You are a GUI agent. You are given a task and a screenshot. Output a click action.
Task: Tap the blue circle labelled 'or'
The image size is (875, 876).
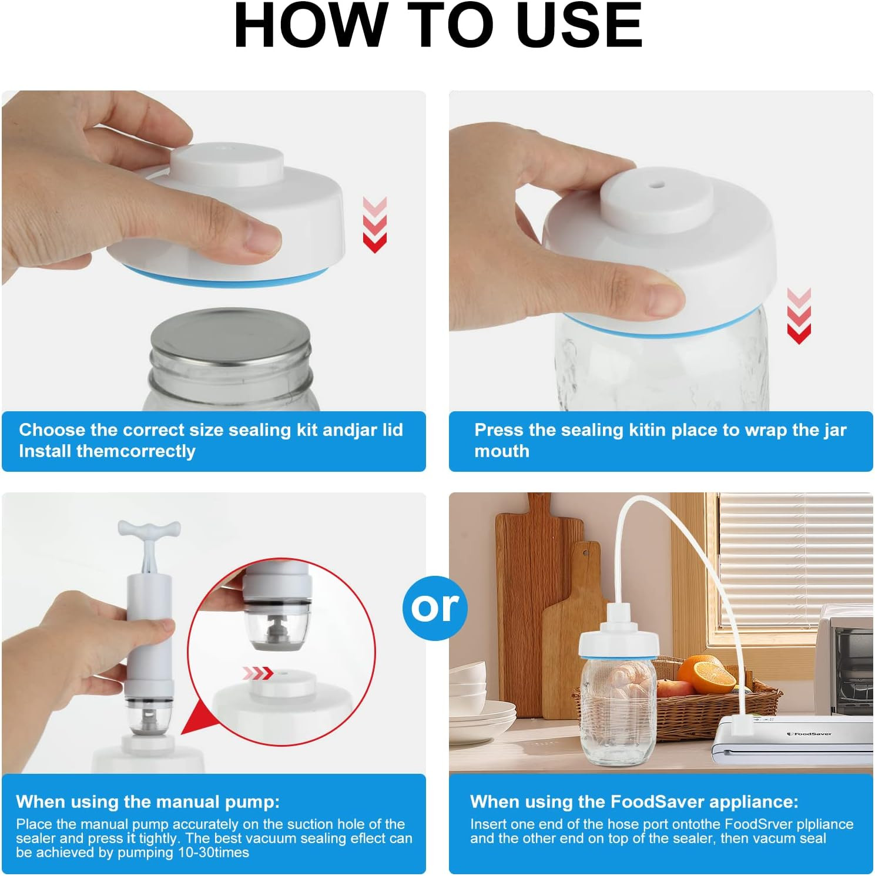(x=435, y=607)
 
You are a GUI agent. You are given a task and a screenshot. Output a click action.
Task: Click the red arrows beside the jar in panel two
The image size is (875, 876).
(x=799, y=316)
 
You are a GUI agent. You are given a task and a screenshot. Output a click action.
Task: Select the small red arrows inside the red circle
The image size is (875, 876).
(x=259, y=673)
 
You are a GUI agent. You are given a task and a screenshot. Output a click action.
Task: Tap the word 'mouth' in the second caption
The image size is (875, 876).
(x=502, y=451)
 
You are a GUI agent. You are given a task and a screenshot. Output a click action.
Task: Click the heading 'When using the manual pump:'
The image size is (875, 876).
(x=148, y=802)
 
